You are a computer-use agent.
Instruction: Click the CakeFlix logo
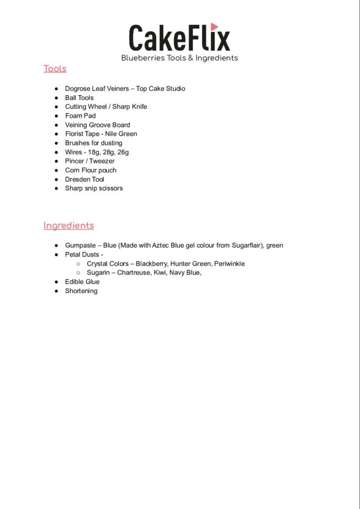coord(179,38)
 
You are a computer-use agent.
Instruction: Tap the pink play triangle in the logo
coord(214,27)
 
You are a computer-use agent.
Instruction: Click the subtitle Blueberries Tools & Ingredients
coord(179,58)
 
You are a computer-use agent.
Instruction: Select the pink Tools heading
coord(55,69)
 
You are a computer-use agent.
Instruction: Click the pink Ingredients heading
coord(68,225)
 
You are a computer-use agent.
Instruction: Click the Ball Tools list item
coord(79,98)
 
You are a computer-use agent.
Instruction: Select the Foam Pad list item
coord(80,116)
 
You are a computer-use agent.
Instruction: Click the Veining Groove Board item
coord(97,125)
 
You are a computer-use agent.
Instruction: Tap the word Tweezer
coord(102,161)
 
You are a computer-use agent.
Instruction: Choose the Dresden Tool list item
coord(84,179)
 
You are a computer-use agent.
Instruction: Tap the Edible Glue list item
coord(82,282)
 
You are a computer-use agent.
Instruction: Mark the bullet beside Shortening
coord(56,291)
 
